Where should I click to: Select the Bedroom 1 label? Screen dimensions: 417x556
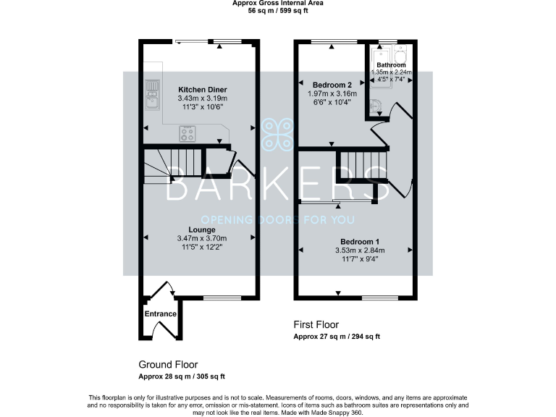[x=360, y=241]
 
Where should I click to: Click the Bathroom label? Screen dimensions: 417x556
[x=391, y=64]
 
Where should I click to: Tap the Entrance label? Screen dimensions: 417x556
[x=161, y=313]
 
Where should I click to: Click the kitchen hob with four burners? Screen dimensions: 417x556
[x=188, y=134]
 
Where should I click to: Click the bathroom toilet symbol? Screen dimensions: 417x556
[x=374, y=108]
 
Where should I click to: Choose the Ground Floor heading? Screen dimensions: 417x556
[x=168, y=364]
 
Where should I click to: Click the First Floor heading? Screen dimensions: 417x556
[x=316, y=324]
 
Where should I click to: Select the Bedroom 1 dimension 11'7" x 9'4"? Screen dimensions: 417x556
[x=360, y=259]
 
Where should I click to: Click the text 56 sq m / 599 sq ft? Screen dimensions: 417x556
[x=278, y=11]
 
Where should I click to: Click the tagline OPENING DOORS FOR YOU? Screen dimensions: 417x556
[x=278, y=219]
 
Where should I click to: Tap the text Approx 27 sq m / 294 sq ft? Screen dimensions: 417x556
[x=337, y=337]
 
